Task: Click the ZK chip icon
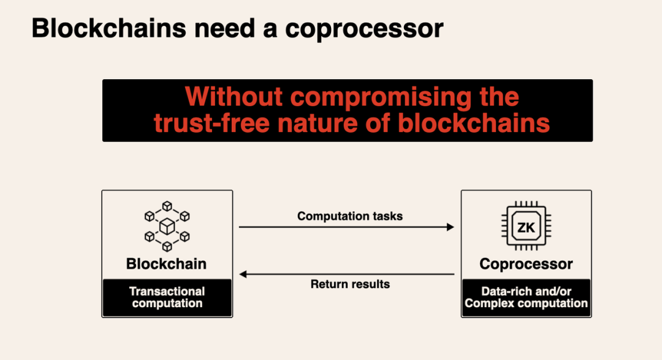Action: tap(526, 227)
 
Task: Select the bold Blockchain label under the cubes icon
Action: tap(167, 264)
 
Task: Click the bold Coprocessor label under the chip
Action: tap(526, 264)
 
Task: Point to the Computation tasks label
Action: tap(350, 216)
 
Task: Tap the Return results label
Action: tap(350, 284)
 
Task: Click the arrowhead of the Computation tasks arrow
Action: tap(451, 227)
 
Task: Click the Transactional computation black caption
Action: tap(167, 297)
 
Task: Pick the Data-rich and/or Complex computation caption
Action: tap(526, 297)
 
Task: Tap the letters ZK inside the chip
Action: tap(526, 228)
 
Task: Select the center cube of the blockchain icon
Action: tap(167, 227)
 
